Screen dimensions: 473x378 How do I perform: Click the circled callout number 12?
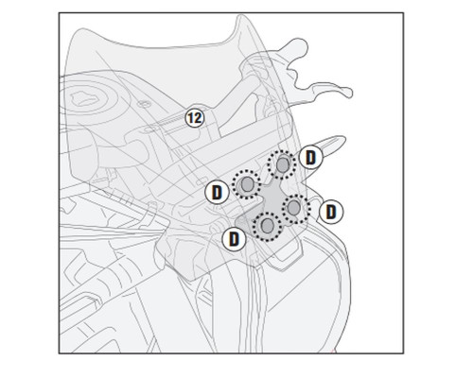195,118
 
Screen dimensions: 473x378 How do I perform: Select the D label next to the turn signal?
311,158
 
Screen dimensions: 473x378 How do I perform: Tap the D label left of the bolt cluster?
217,193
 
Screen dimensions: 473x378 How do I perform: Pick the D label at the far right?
331,212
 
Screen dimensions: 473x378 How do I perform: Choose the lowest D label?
234,239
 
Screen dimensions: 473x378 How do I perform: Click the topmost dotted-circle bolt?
282,164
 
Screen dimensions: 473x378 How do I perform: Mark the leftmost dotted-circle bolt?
247,184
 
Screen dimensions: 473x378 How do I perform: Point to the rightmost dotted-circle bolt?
295,209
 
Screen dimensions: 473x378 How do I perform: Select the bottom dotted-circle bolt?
267,226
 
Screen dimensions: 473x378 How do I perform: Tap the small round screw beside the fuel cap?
144,104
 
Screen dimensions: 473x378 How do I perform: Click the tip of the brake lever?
349,93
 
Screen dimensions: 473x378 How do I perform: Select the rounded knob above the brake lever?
298,46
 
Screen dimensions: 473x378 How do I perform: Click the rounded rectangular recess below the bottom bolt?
284,249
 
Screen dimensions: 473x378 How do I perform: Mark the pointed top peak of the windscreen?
240,16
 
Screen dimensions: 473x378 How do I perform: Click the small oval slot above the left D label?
201,182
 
